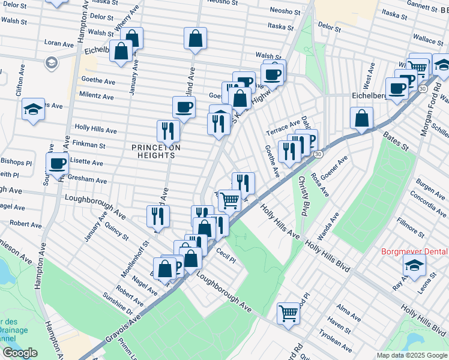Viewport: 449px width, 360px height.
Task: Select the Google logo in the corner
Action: [x=19, y=353]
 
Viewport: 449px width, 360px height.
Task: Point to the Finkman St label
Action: [x=89, y=145]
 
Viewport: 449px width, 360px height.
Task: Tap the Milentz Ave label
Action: [x=96, y=96]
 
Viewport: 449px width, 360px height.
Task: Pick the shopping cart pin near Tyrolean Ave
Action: [x=288, y=312]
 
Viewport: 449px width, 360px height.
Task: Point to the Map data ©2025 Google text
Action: [x=411, y=355]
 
